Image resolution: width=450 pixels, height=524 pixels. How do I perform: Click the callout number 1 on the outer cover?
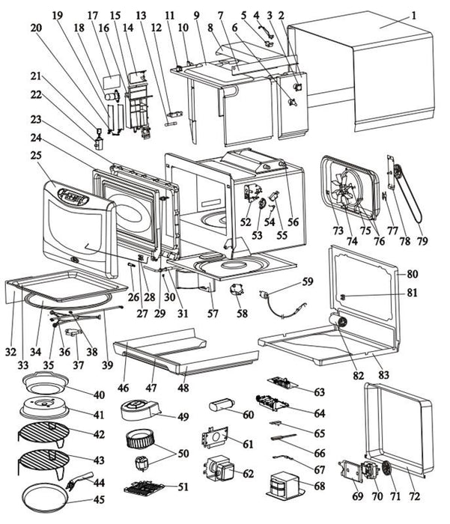point(413,16)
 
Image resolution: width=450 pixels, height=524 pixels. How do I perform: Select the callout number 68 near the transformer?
point(320,486)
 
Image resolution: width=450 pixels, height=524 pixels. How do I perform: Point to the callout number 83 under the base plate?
point(383,374)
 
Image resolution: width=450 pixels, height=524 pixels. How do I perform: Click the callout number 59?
point(308,281)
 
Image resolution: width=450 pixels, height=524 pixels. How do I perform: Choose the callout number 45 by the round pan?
point(99,499)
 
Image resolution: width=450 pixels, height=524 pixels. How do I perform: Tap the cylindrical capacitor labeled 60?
point(222,406)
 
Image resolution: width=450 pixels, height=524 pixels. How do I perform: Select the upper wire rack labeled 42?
point(43,433)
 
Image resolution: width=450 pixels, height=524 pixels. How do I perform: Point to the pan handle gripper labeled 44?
point(80,481)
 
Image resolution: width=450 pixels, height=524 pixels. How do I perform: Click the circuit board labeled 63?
point(282,383)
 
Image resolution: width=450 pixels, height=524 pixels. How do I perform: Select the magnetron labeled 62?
point(219,469)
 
